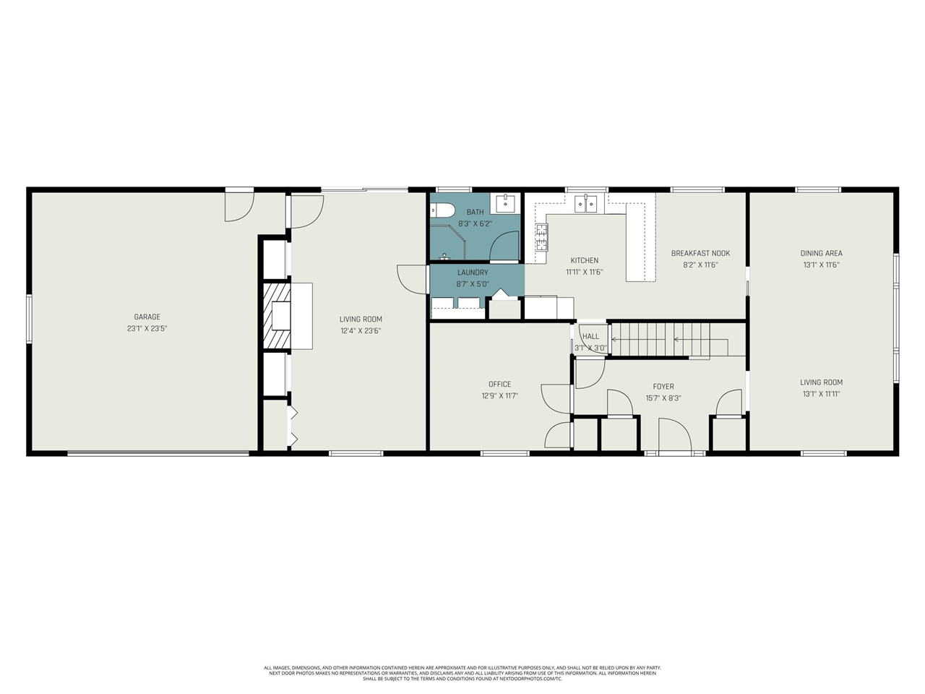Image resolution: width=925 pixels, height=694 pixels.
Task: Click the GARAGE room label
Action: point(147,317)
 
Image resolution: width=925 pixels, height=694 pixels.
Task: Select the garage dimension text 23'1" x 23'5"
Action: point(147,328)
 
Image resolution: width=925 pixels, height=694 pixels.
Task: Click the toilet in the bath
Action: point(442,210)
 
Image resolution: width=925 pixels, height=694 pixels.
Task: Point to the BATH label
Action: point(475,212)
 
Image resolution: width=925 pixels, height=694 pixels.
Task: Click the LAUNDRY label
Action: point(473,273)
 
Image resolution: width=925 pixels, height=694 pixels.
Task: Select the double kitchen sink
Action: point(585,204)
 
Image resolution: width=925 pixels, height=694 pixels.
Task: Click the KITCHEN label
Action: point(584,260)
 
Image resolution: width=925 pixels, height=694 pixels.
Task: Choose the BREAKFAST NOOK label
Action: point(700,253)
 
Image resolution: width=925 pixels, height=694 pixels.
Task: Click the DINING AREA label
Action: point(821,253)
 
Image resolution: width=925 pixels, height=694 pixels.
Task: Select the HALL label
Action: point(590,336)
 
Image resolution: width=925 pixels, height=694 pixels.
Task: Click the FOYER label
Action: point(663,387)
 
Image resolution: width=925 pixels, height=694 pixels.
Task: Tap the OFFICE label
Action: point(499,384)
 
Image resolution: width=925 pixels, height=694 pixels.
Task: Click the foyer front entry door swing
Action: point(674,435)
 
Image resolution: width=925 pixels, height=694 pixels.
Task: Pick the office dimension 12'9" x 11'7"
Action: point(499,395)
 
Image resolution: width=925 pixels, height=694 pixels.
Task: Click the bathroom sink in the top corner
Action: point(505,202)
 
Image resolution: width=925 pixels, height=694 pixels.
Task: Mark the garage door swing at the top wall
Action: point(239,206)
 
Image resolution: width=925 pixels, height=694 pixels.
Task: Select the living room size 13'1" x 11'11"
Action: point(821,394)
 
